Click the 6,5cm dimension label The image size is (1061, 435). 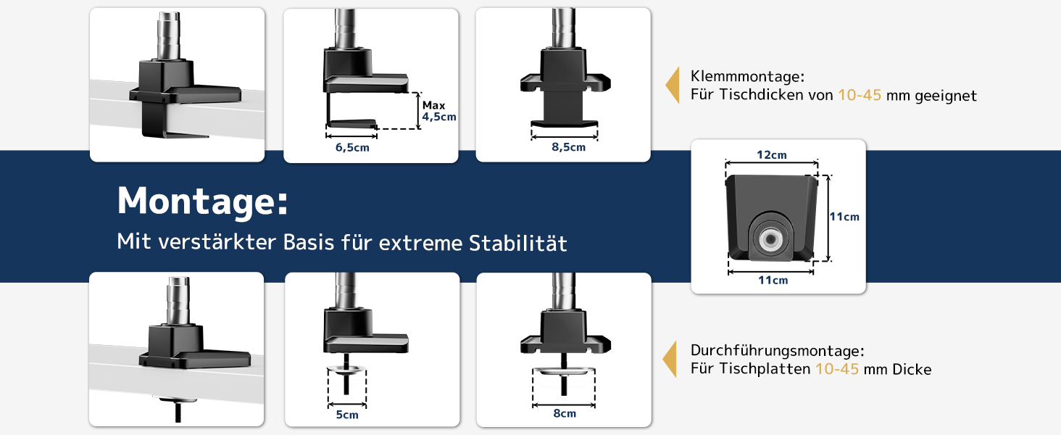pyautogui.click(x=352, y=147)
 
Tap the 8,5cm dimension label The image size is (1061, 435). pyautogui.click(x=568, y=147)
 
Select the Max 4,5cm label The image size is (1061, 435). pyautogui.click(x=439, y=111)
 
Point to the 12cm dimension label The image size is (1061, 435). pyautogui.click(x=772, y=155)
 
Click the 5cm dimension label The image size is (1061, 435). pyautogui.click(x=347, y=415)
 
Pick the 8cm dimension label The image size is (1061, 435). pyautogui.click(x=565, y=413)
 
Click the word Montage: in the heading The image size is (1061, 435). pyautogui.click(x=202, y=202)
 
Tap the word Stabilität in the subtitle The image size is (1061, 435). pyautogui.click(x=517, y=243)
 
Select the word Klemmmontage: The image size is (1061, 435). pyautogui.click(x=747, y=76)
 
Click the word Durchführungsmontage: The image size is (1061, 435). pyautogui.click(x=778, y=350)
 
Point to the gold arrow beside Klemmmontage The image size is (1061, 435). pyautogui.click(x=673, y=85)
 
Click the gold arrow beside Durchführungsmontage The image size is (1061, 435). pyautogui.click(x=670, y=359)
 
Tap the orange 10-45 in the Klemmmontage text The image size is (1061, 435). pyautogui.click(x=860, y=95)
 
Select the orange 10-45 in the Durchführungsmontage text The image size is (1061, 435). pyautogui.click(x=836, y=368)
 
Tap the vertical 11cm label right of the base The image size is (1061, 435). pyautogui.click(x=844, y=217)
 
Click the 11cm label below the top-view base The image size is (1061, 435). pyautogui.click(x=773, y=280)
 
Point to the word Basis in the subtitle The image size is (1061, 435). pyautogui.click(x=309, y=242)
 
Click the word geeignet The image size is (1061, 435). pyautogui.click(x=946, y=96)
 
